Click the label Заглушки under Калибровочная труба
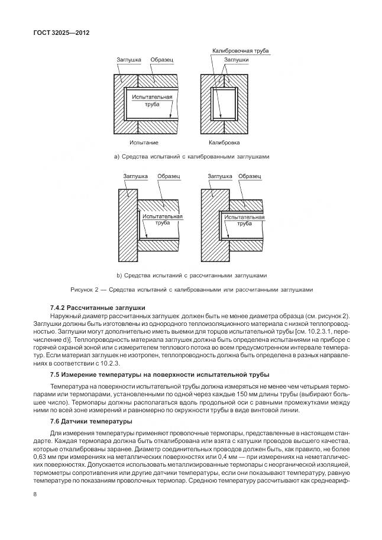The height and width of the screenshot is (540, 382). (x=235, y=60)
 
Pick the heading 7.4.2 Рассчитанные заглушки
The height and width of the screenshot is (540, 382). (x=93, y=309)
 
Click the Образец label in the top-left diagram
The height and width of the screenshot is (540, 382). (x=162, y=60)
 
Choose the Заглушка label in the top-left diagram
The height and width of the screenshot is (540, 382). (x=127, y=60)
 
